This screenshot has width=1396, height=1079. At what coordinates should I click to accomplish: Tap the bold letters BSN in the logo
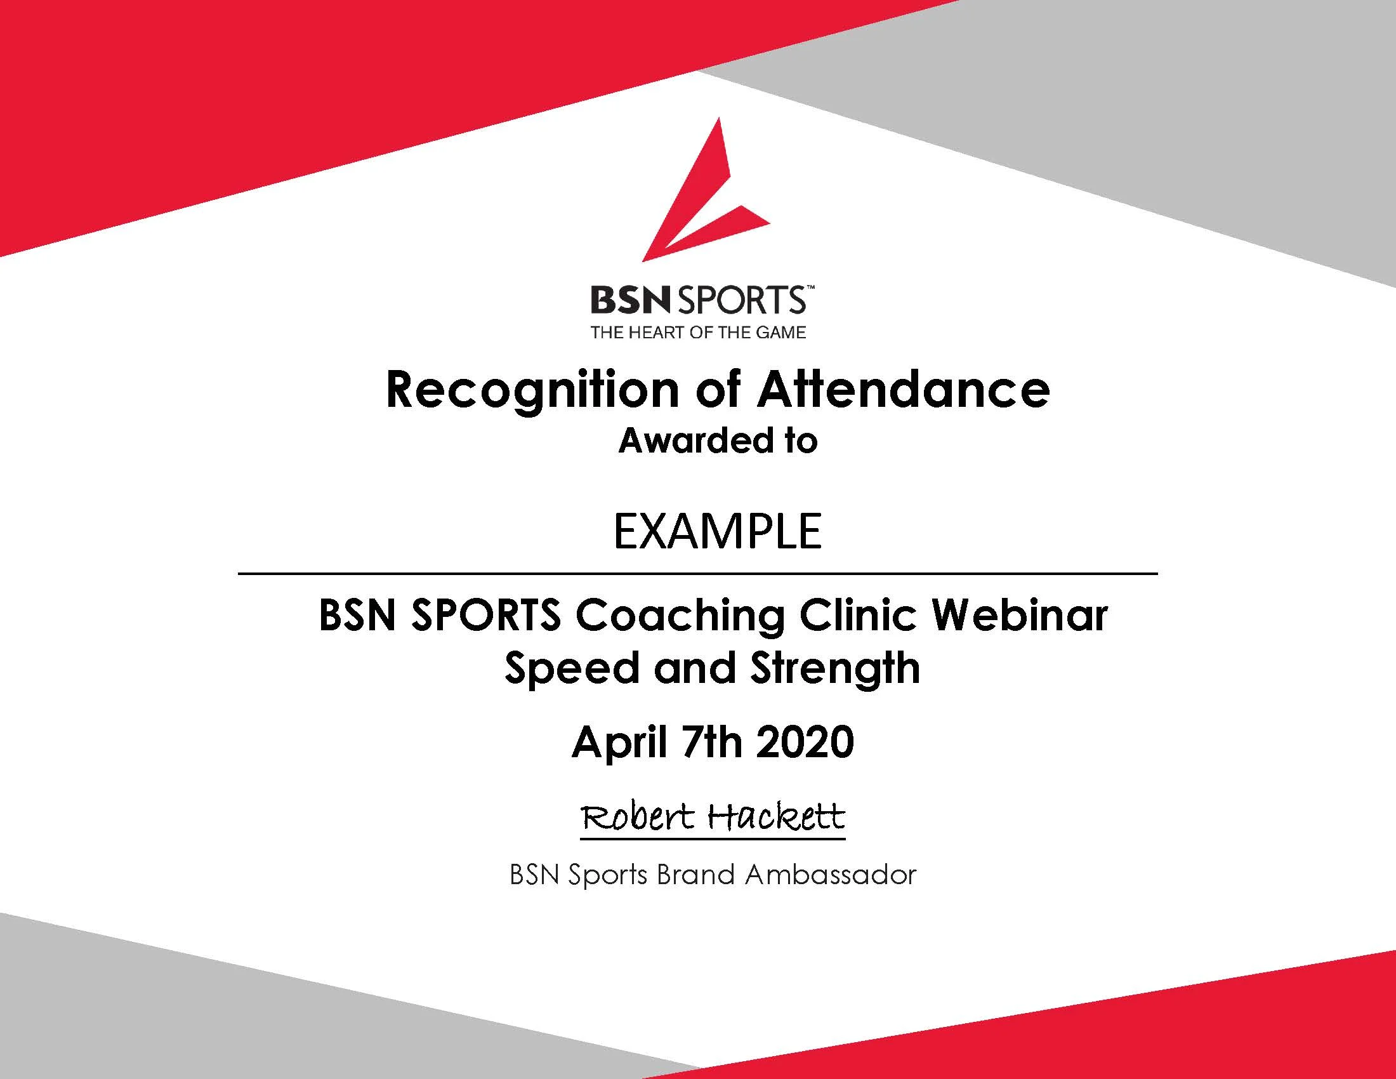(x=629, y=300)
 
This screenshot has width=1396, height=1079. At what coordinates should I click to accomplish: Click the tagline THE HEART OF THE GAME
(x=698, y=333)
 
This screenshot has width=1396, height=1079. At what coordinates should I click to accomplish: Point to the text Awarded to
(x=718, y=441)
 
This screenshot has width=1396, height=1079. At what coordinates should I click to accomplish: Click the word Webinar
(x=1020, y=615)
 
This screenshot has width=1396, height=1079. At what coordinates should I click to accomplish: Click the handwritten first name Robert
(x=637, y=816)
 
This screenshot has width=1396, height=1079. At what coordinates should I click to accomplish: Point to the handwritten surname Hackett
(x=777, y=816)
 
